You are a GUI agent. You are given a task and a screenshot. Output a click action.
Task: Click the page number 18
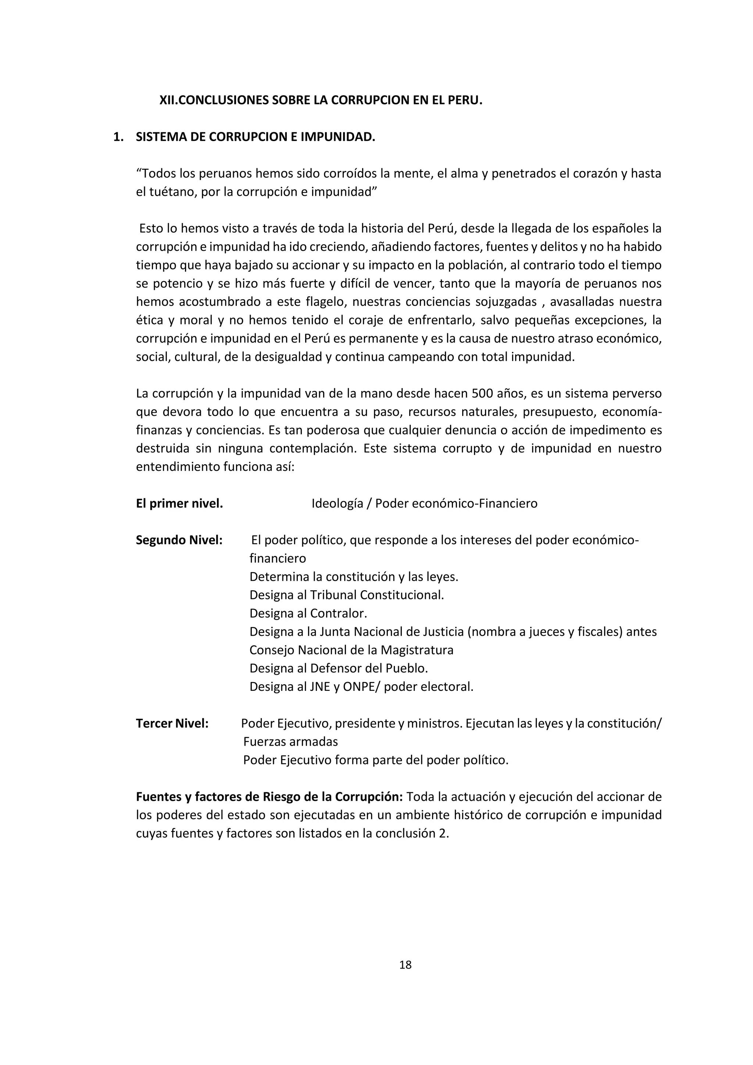click(405, 965)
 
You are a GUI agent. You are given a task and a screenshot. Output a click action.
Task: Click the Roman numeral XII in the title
click(168, 100)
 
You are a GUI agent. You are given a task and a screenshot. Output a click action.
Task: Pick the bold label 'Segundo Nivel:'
click(179, 540)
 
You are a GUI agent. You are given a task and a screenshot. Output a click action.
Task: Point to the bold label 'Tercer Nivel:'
click(172, 723)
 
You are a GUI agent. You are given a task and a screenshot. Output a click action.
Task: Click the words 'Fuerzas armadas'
click(290, 741)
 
